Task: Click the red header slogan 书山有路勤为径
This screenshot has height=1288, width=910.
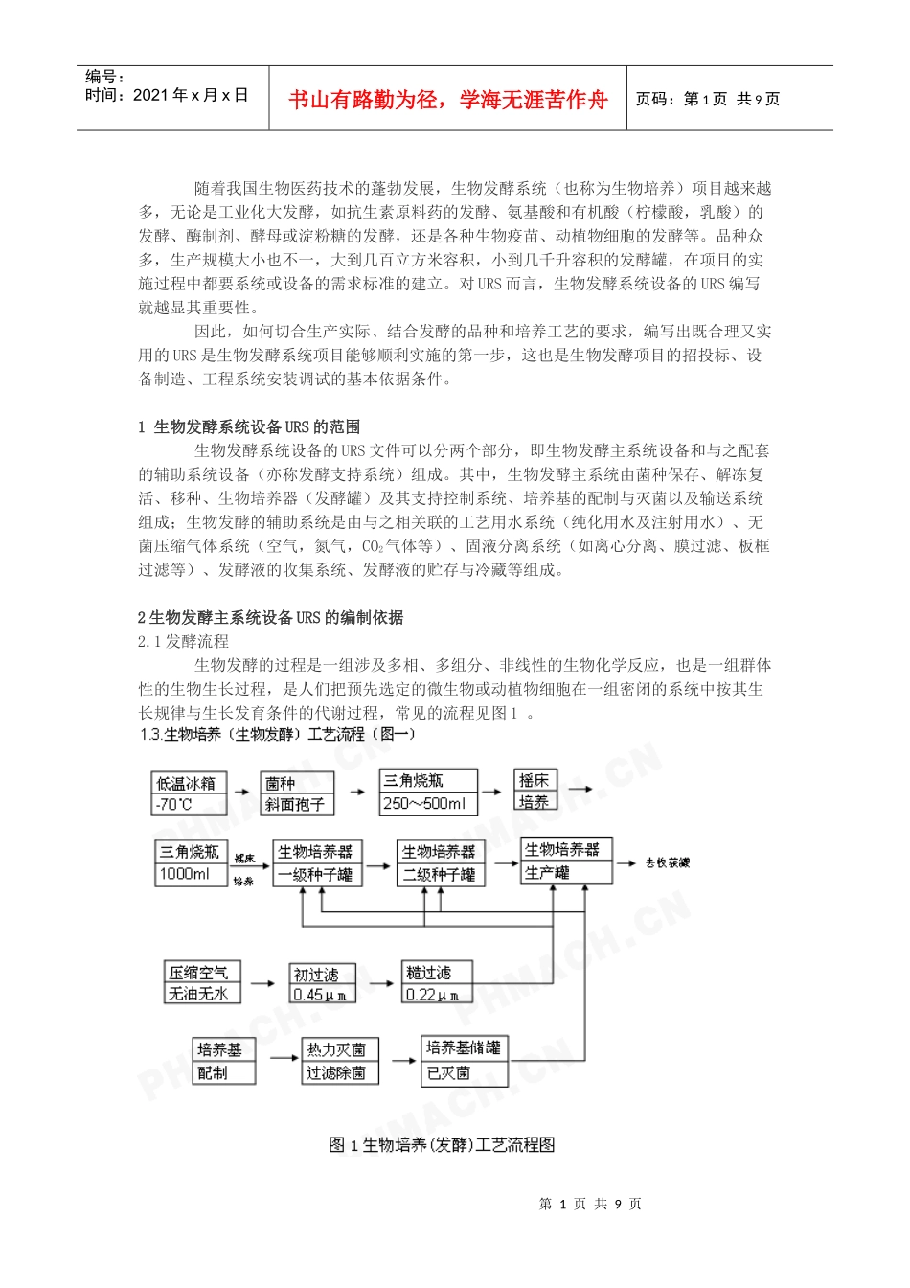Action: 447,100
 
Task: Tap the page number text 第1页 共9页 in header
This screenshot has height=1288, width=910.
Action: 708,100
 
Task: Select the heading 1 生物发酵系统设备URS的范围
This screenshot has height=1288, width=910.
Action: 250,426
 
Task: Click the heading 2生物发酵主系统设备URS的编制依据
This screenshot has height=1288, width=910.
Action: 271,617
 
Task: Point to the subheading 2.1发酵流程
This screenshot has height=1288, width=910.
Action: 184,641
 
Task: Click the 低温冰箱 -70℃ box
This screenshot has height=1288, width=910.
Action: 189,793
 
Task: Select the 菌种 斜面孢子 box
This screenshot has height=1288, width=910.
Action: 297,793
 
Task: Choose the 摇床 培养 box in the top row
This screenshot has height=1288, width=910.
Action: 535,791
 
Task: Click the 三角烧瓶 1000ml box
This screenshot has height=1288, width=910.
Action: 190,862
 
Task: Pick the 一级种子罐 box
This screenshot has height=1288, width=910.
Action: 317,862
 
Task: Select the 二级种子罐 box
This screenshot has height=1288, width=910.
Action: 441,862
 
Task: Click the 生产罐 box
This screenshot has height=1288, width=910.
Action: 566,861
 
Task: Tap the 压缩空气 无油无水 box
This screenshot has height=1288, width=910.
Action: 201,983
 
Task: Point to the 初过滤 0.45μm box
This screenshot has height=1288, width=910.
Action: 322,984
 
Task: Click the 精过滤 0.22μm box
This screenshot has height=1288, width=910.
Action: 436,983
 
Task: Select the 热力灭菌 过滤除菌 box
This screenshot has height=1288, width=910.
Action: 340,1062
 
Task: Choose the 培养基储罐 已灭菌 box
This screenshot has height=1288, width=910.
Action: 464,1060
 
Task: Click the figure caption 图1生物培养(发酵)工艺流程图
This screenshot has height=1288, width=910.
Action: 442,1144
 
